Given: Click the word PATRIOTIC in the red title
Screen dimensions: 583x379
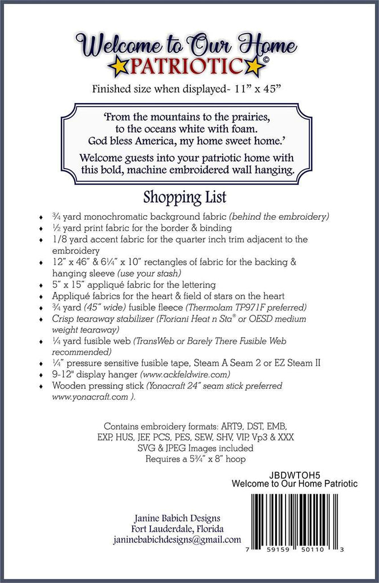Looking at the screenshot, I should tap(188, 67).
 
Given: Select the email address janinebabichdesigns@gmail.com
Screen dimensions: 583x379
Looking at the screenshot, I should tap(177, 540).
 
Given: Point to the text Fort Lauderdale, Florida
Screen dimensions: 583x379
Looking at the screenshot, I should tap(177, 528).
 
